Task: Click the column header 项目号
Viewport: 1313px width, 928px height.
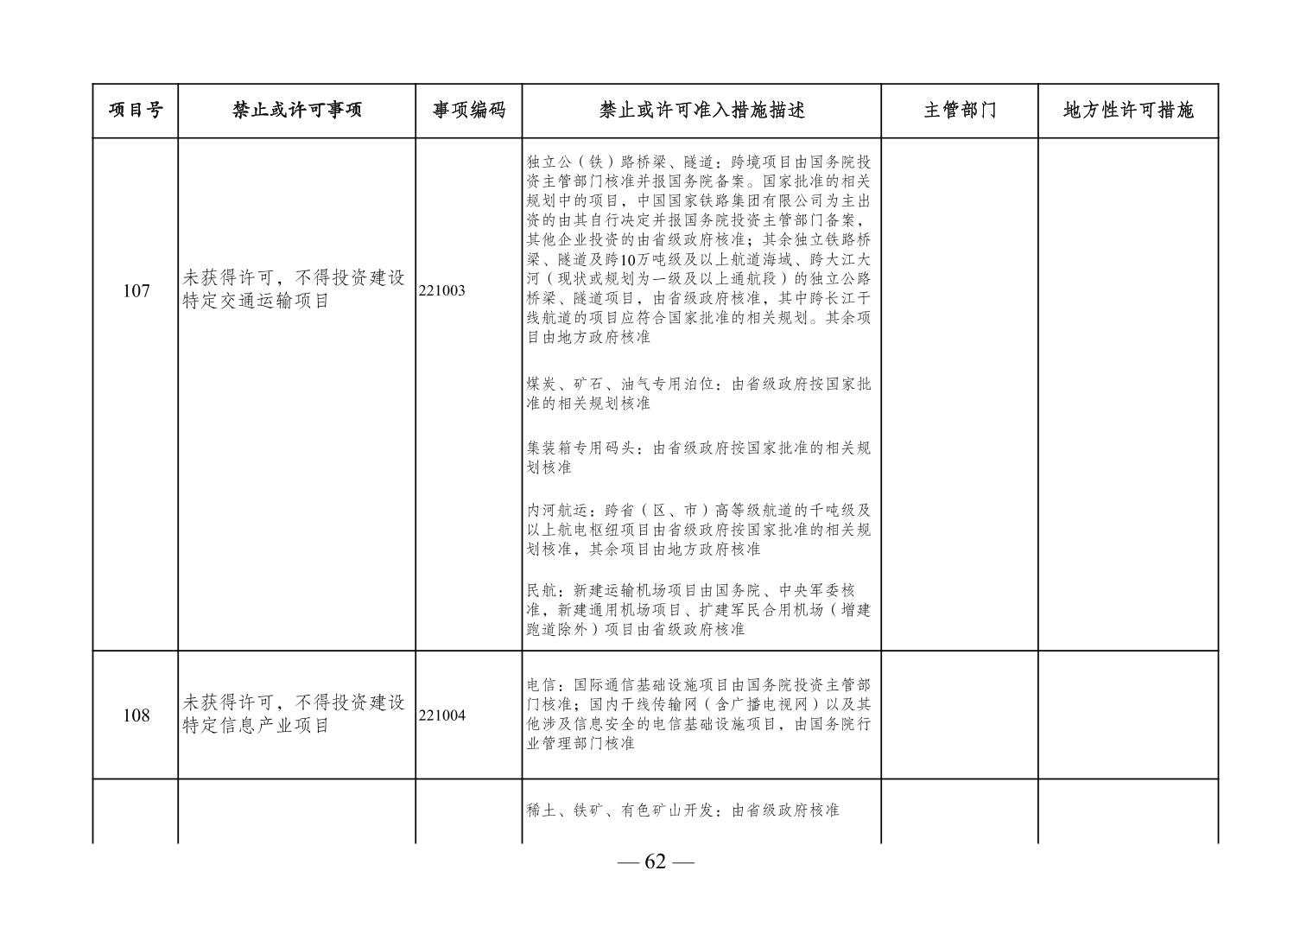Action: (135, 111)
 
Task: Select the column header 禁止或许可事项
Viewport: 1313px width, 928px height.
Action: (296, 111)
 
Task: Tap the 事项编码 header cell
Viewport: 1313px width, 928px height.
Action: (468, 111)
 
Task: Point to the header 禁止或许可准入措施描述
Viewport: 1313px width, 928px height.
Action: (701, 111)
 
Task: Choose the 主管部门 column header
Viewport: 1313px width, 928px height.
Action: (959, 111)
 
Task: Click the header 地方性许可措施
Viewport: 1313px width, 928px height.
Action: (1128, 111)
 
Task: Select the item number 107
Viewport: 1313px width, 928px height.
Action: (136, 291)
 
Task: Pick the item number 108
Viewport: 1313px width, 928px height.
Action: (136, 715)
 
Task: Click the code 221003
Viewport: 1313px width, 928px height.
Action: (442, 291)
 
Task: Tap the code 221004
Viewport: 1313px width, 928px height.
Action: (442, 715)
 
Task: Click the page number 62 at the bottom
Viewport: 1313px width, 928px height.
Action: (656, 861)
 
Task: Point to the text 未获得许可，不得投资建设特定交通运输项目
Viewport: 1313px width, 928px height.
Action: (294, 290)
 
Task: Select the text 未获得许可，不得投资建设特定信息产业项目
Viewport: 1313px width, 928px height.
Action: (294, 715)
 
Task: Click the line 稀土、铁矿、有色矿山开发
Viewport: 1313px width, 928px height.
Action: (682, 810)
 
